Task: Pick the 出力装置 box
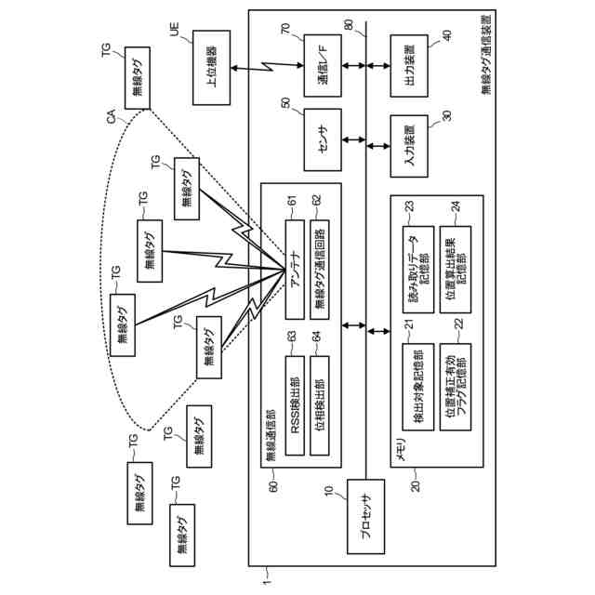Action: [x=408, y=67]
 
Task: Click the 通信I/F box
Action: [x=322, y=65]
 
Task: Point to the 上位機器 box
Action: [x=211, y=69]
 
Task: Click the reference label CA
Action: [x=111, y=118]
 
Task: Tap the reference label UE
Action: [x=175, y=32]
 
